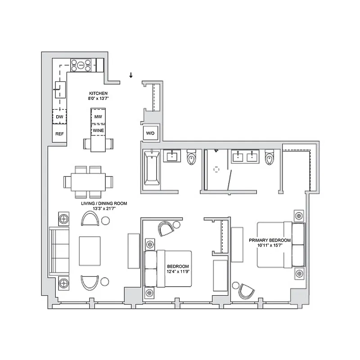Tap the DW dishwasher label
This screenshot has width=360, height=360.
click(59, 117)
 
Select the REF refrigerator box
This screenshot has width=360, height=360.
click(59, 134)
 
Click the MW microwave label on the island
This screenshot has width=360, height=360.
click(98, 117)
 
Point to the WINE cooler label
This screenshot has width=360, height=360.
click(98, 130)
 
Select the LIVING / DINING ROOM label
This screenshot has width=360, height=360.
click(104, 203)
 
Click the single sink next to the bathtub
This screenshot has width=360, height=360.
click(173, 157)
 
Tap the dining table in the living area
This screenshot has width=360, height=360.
click(88, 182)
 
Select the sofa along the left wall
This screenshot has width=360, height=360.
click(58, 250)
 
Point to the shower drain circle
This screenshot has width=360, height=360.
click(216, 170)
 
